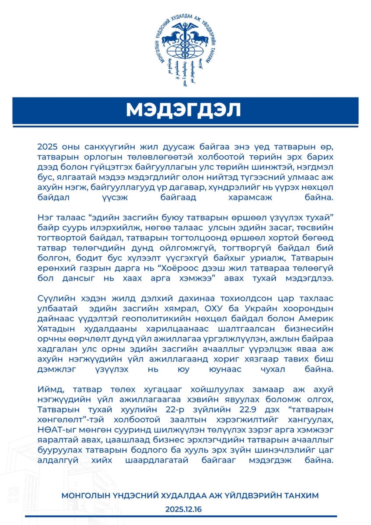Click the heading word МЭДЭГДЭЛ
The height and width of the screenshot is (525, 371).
183,110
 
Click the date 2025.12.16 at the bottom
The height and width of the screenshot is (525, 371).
183,509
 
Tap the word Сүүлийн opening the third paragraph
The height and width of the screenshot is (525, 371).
54,299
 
